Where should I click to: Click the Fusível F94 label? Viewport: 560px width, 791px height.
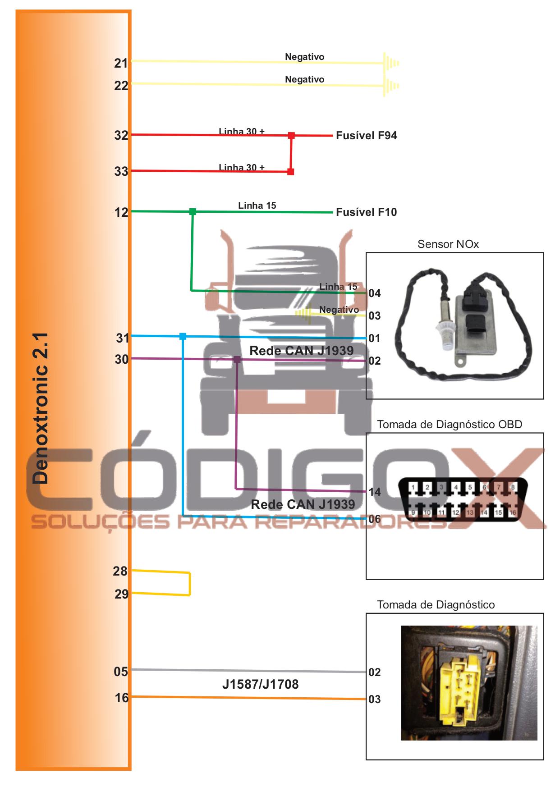point(366,136)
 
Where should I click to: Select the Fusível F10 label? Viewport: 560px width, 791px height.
point(366,212)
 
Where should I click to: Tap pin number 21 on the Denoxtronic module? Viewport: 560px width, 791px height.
point(121,63)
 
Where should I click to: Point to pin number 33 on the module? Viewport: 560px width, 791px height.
point(121,171)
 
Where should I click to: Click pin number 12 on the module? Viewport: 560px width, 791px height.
point(121,212)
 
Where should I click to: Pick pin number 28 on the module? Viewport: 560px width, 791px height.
point(120,572)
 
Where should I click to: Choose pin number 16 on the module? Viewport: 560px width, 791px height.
point(121,698)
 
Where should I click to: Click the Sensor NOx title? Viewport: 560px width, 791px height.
point(448,244)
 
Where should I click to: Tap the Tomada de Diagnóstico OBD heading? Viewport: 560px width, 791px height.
point(449,425)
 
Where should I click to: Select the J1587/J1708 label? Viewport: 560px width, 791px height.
point(260,685)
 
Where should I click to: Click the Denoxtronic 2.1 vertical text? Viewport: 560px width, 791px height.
point(41,408)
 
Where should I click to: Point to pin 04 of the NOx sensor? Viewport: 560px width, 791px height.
point(374,293)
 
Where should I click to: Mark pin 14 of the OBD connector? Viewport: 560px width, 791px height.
point(374,492)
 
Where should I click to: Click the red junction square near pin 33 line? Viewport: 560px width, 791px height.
point(291,172)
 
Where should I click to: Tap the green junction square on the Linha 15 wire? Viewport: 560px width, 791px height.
point(193,211)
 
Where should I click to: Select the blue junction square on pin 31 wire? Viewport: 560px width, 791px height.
point(183,336)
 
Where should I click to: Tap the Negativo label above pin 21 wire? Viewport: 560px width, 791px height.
point(304,57)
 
